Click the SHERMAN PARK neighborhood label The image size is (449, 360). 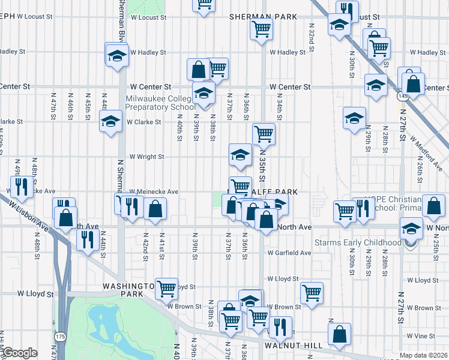coord(263,17)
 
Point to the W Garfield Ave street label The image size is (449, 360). coord(289,253)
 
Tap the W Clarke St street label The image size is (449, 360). coord(144,122)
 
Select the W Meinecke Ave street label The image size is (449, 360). coord(154,192)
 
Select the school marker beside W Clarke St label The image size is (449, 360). coord(110,122)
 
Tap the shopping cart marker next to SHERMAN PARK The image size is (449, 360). coord(262,28)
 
